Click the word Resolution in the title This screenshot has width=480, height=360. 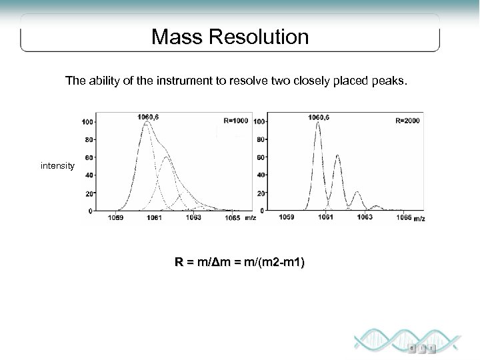click(258, 37)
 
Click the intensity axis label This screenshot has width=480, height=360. click(57, 165)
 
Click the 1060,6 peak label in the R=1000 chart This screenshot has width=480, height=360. click(148, 117)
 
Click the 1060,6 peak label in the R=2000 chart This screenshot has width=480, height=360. click(319, 117)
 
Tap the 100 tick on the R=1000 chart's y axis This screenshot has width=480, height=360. click(87, 122)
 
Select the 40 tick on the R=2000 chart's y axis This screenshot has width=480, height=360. click(260, 175)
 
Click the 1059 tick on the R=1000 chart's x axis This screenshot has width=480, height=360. click(117, 217)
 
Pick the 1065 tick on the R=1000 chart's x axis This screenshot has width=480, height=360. click(232, 217)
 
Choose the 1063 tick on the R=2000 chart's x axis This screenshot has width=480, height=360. click(365, 217)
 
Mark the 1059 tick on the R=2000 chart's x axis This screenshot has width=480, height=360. click(287, 217)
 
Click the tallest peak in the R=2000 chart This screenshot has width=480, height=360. click(318, 124)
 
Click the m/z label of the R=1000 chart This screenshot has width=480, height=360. click(249, 217)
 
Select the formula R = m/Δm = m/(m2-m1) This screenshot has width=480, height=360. click(239, 263)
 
